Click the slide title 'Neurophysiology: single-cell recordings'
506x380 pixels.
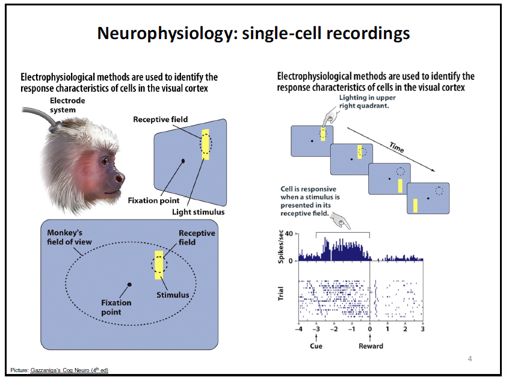click(x=253, y=33)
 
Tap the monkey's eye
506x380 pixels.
click(x=105, y=161)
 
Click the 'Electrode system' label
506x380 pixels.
click(x=67, y=105)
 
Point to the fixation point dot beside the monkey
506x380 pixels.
click(x=183, y=161)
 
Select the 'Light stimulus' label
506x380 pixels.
click(x=198, y=212)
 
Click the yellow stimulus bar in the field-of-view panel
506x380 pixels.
click(x=159, y=265)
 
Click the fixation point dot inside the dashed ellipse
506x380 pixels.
click(x=129, y=284)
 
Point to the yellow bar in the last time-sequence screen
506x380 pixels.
click(x=415, y=205)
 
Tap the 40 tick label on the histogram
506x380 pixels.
click(x=289, y=233)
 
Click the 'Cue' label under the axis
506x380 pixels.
click(x=316, y=346)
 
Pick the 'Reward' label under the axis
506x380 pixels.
click(x=370, y=346)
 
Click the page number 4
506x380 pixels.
click(x=470, y=360)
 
